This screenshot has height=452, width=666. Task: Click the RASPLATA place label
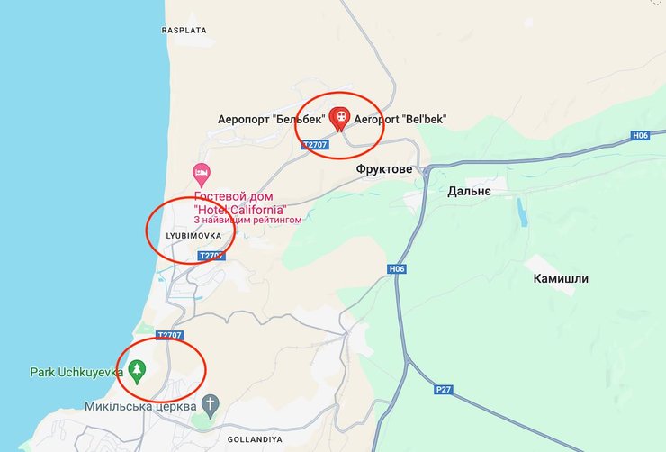click(184, 30)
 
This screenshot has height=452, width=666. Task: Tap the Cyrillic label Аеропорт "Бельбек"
click(271, 119)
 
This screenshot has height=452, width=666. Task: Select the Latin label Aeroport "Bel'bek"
click(400, 119)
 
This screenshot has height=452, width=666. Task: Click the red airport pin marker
click(340, 118)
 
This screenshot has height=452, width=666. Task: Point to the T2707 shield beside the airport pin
click(315, 144)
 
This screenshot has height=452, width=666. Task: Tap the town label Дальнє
click(469, 191)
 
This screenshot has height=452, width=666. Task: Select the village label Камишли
click(560, 278)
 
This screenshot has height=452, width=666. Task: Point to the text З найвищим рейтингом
click(247, 219)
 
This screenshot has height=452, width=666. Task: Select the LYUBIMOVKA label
click(193, 236)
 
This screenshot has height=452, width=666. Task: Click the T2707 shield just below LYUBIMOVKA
click(211, 256)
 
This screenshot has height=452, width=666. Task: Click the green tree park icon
click(137, 369)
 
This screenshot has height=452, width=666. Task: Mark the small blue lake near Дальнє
click(523, 212)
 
